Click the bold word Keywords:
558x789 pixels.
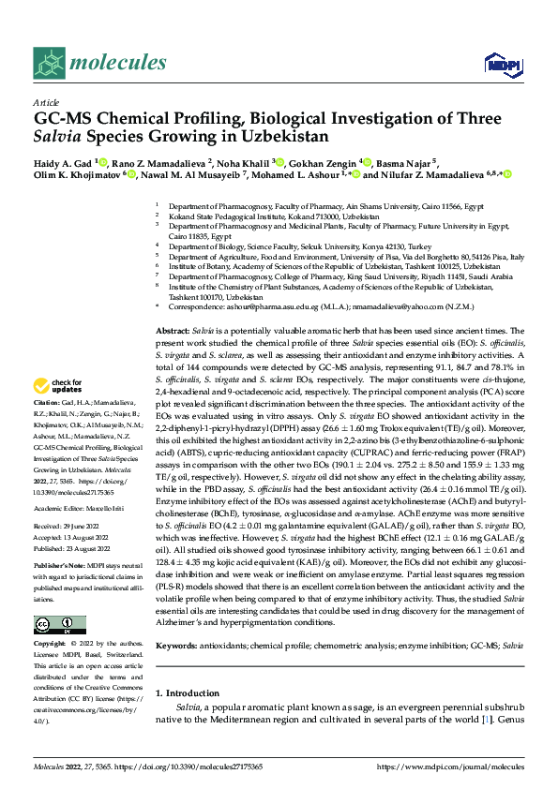(x=176, y=647)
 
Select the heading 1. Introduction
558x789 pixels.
(x=187, y=693)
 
